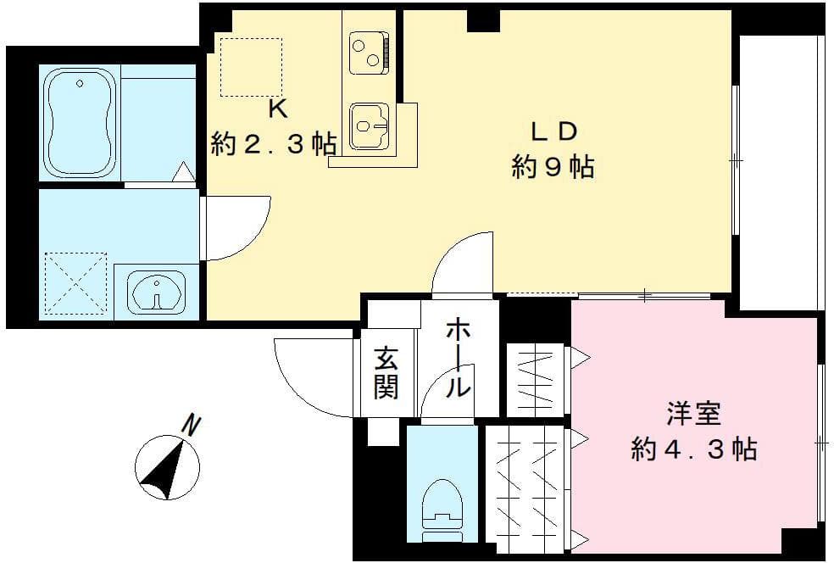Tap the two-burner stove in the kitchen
tap(370, 53)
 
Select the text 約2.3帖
tap(273, 144)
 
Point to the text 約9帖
tap(553, 167)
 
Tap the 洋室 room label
tap(693, 415)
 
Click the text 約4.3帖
tap(693, 449)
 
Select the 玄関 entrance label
tap(386, 374)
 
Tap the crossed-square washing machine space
tap(75, 283)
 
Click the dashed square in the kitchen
tap(250, 65)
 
